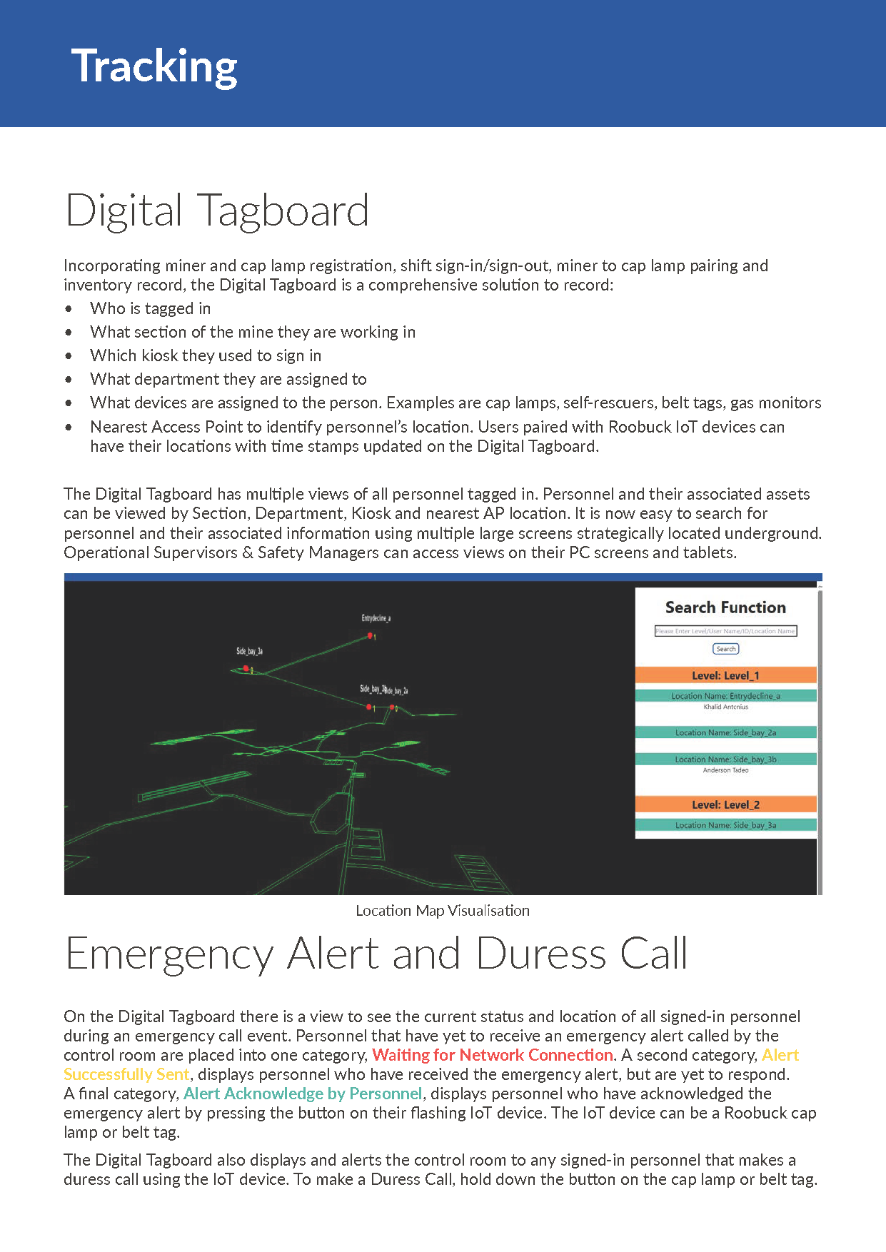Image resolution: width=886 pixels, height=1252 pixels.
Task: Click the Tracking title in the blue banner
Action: (154, 66)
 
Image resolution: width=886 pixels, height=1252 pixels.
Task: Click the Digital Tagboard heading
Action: (217, 211)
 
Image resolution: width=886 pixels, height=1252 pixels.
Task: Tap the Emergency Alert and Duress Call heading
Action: (376, 954)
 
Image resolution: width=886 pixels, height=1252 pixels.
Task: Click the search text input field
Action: (725, 631)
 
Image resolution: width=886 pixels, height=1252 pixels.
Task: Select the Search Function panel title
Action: (725, 607)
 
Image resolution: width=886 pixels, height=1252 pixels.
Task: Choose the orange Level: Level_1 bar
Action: (725, 675)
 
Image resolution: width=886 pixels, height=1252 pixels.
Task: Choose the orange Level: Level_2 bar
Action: (725, 804)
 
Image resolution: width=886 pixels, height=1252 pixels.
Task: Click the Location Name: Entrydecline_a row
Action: (725, 696)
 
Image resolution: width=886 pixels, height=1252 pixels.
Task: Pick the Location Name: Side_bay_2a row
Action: (725, 732)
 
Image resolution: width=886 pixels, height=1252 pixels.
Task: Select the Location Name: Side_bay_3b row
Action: (725, 759)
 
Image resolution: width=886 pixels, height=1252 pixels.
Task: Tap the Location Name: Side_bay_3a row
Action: (725, 825)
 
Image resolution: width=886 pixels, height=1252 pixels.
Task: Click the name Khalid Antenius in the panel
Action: (725, 707)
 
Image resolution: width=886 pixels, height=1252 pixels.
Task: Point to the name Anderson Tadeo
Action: (725, 770)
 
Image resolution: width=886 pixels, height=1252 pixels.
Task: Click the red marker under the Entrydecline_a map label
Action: (370, 635)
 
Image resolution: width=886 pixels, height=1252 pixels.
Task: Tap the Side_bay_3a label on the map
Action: (250, 651)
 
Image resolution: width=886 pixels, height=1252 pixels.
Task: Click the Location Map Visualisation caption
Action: (443, 911)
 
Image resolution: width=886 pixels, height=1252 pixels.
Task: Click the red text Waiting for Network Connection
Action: (493, 1055)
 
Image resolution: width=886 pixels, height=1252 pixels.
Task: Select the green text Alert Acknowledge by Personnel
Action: (303, 1094)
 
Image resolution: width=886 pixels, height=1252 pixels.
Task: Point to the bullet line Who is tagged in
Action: (151, 308)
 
